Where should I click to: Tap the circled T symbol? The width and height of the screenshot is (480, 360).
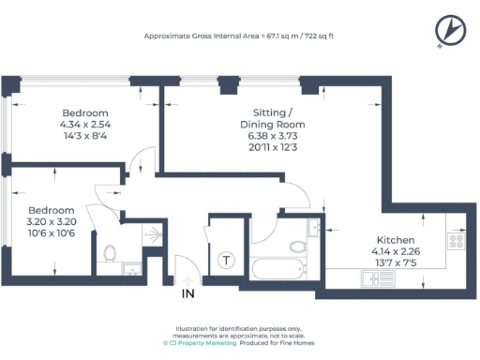pyautogui.click(x=225, y=261)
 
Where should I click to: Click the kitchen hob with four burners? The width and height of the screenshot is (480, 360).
pyautogui.click(x=458, y=241)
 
